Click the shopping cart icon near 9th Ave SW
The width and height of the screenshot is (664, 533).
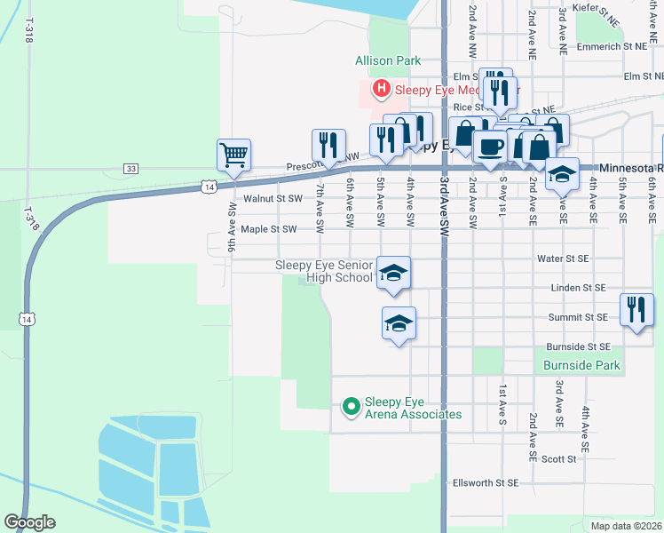point(234,155)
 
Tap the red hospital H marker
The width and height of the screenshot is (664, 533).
point(381,88)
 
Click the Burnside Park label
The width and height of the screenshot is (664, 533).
point(581,365)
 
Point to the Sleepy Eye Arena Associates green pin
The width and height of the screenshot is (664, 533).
point(351,407)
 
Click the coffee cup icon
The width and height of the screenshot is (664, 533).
point(489,147)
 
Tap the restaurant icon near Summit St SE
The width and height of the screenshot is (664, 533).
point(636,309)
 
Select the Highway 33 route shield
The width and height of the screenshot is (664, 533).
point(131,169)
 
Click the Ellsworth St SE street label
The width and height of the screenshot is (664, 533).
point(485,482)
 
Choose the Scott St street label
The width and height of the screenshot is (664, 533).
point(558,459)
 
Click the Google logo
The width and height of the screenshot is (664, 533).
point(29,522)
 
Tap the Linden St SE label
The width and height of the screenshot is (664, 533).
point(578,288)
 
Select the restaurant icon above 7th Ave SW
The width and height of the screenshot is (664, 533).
point(328,145)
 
